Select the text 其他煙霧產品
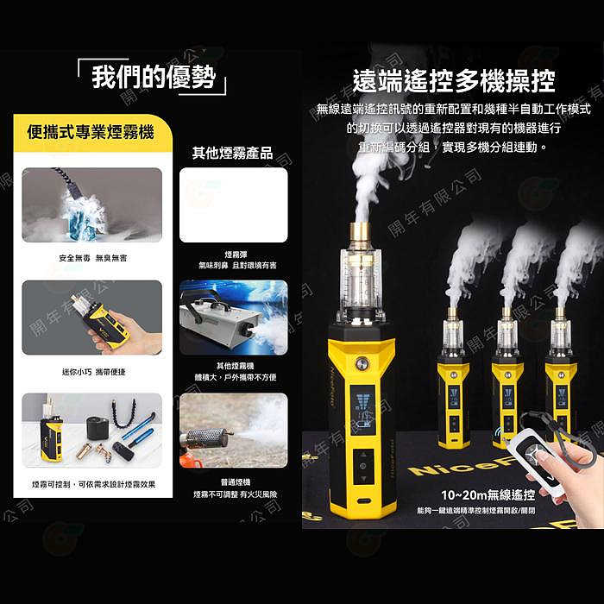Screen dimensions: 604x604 [232, 153]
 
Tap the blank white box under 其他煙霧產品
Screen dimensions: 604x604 [233, 204]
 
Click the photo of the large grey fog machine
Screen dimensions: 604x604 [233, 318]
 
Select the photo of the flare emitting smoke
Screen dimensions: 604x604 [233, 431]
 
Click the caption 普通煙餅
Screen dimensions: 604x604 [233, 483]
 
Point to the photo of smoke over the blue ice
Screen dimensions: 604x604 [91, 204]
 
